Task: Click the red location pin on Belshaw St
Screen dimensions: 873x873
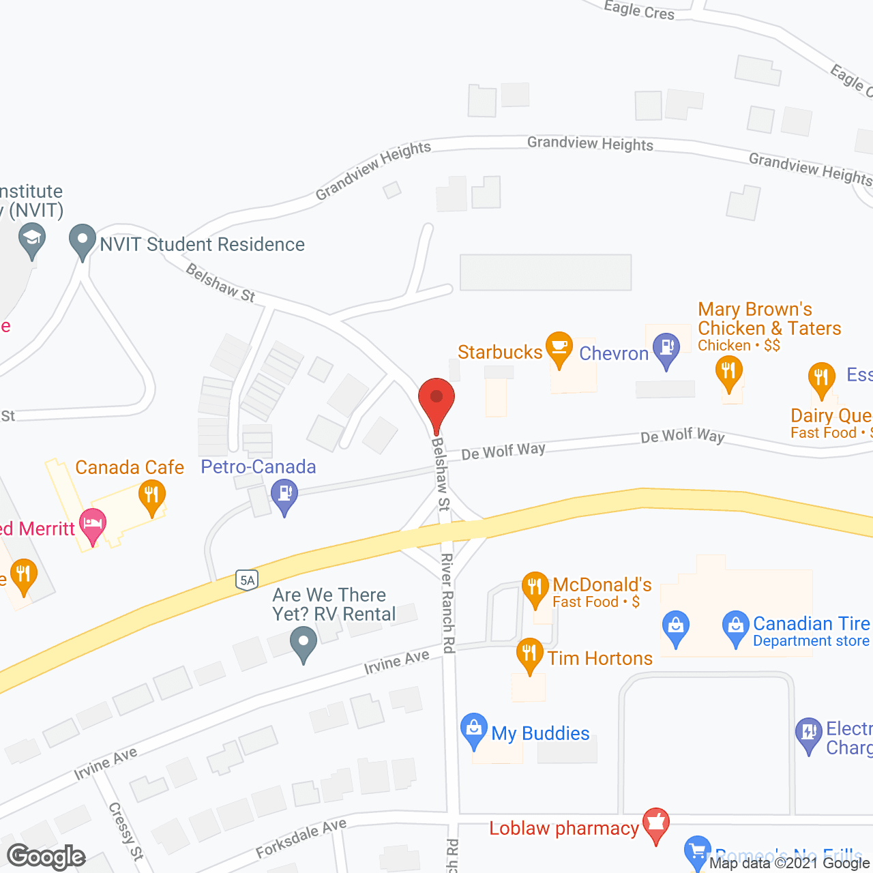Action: pos(436,399)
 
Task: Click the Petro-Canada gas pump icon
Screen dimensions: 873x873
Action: pos(284,492)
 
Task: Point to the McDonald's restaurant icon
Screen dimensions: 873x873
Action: pos(535,587)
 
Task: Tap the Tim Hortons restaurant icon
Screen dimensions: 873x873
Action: pos(529,653)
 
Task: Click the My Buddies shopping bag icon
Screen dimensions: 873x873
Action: pos(473,728)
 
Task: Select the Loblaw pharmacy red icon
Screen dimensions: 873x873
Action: pos(655,823)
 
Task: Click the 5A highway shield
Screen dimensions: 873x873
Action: pos(247,580)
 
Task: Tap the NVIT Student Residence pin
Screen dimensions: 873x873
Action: pos(83,240)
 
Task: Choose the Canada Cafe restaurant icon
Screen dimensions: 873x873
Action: pos(152,496)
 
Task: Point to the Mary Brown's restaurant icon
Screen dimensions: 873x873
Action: pos(728,372)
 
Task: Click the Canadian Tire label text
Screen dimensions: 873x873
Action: pos(811,623)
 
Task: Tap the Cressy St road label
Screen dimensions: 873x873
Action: pos(126,831)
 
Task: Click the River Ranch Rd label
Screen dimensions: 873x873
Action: pos(447,603)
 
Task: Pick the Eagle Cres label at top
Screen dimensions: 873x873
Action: pos(639,10)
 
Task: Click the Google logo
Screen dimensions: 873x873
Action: pos(46,857)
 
